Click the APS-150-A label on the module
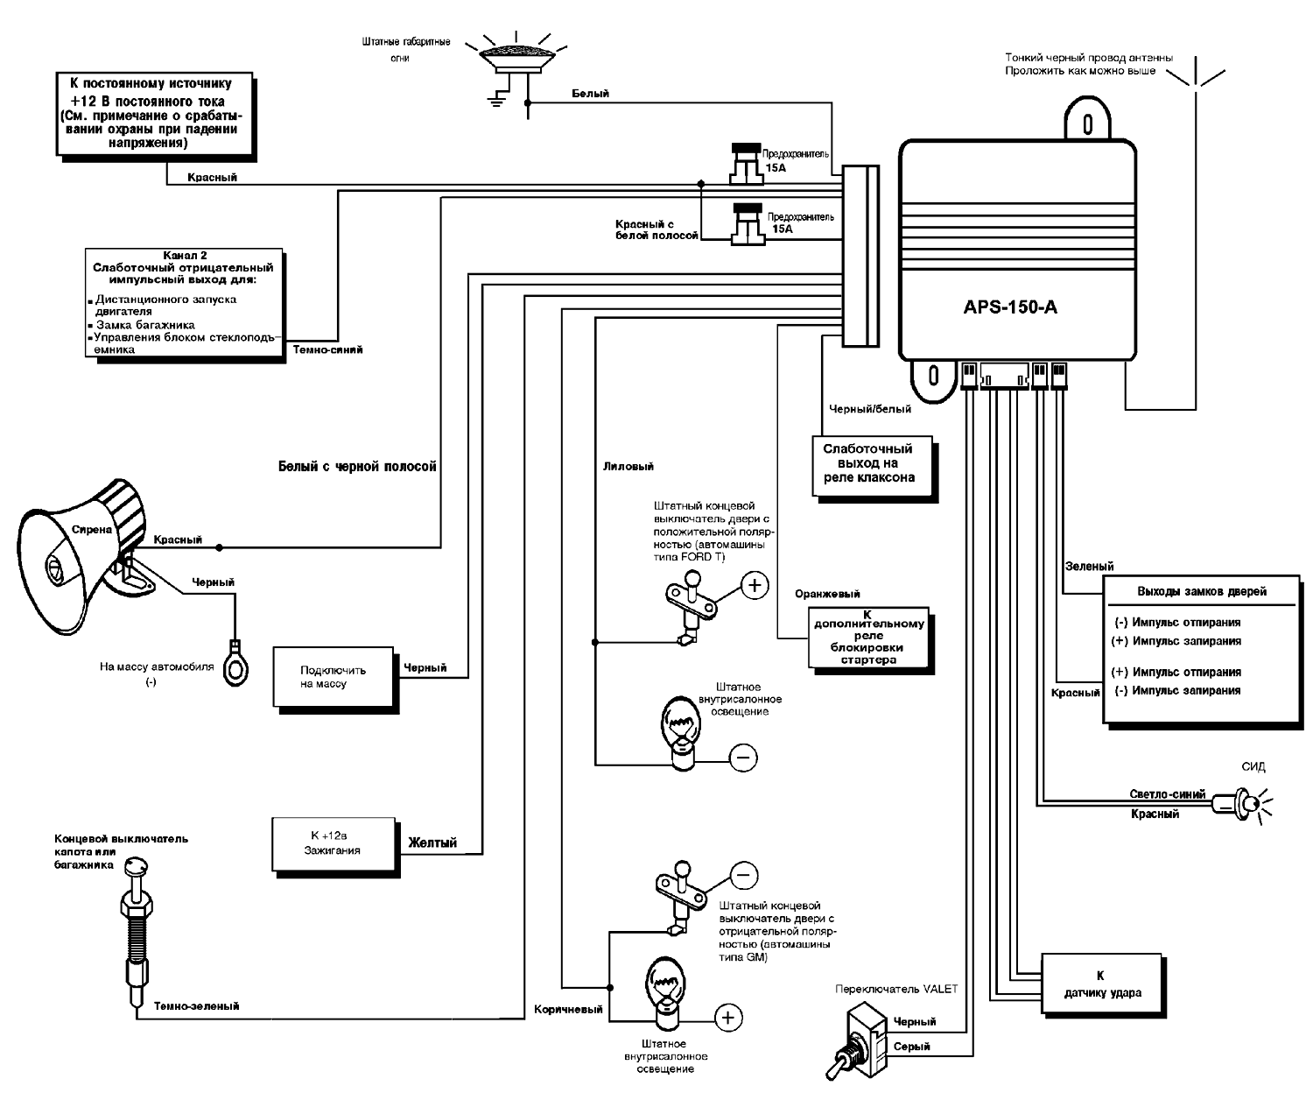[1010, 307]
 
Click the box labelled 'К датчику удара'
[1101, 984]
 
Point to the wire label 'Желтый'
[432, 843]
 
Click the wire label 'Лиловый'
[628, 467]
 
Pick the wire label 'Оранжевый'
[827, 594]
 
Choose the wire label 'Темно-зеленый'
[196, 1006]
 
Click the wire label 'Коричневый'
[568, 1009]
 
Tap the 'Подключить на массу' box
[333, 677]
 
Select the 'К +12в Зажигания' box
[333, 843]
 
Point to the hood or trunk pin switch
[136, 928]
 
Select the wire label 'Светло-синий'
[1167, 794]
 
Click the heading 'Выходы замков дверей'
[1201, 591]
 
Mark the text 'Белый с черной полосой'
[357, 467]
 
